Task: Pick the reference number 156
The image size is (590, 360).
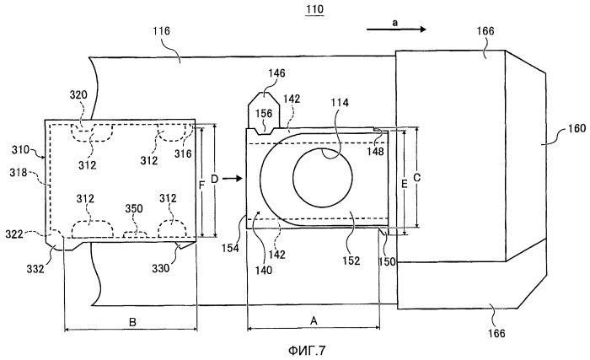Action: [x=264, y=114]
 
